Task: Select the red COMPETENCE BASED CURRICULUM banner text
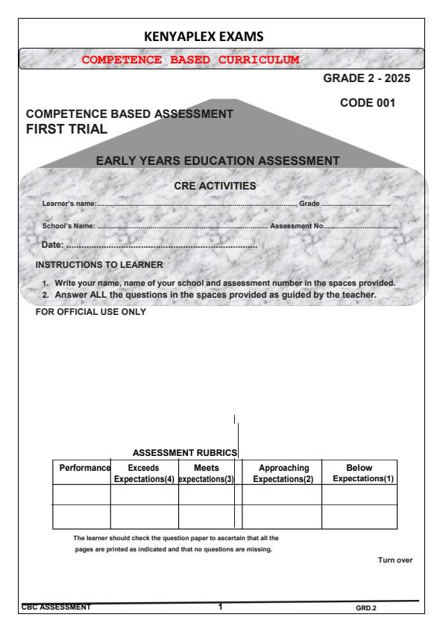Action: pyautogui.click(x=191, y=59)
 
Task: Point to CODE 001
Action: pyautogui.click(x=367, y=104)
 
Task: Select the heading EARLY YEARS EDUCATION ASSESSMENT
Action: pyautogui.click(x=218, y=160)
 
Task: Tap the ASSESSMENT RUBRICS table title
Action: pyautogui.click(x=184, y=452)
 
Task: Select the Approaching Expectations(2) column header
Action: pyautogui.click(x=283, y=472)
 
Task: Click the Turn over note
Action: pyautogui.click(x=395, y=560)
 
